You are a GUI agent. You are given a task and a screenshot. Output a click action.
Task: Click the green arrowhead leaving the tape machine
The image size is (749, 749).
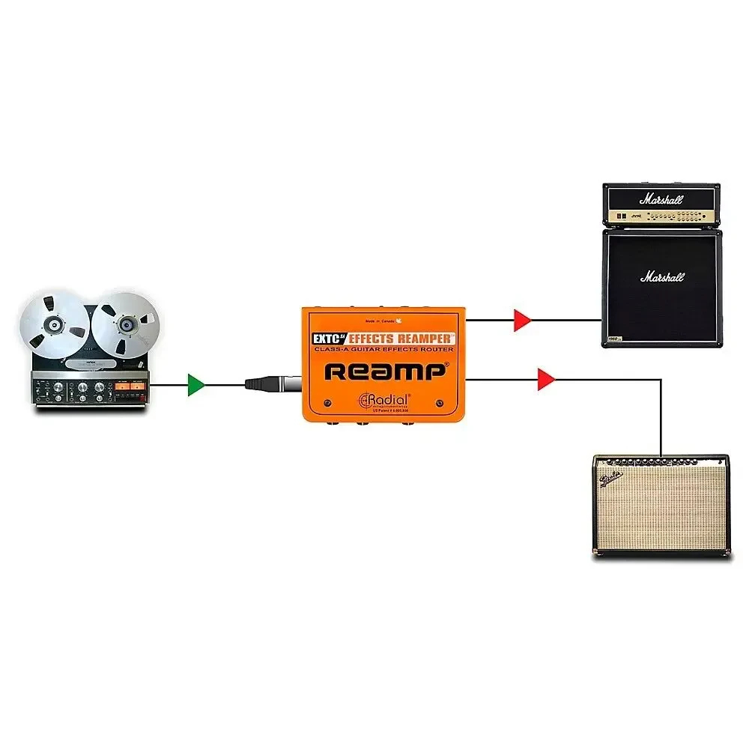coord(195,385)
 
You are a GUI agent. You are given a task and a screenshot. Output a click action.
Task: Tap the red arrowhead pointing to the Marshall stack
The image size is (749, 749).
coord(522,321)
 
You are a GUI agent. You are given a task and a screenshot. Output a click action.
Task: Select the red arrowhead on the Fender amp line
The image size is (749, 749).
coord(546,380)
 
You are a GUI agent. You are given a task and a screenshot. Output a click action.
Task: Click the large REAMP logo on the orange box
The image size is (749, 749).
coord(386,372)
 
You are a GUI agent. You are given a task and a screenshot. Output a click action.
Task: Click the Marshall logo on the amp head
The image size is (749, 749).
coord(661,199)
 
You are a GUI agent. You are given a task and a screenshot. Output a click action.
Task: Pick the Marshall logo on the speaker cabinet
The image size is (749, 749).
coord(661,277)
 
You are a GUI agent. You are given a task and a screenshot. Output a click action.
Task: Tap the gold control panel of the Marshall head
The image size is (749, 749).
coord(661,216)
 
